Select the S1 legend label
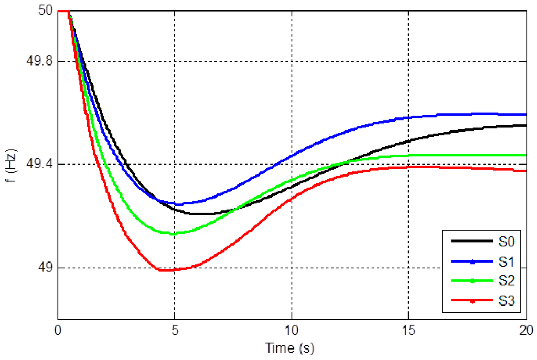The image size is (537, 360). [x=507, y=261]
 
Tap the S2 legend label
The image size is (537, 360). [x=507, y=281]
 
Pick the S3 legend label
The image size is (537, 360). [x=507, y=301]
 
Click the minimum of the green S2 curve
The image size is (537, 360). [x=173, y=233]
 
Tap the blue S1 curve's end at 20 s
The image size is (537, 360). [x=526, y=114]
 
